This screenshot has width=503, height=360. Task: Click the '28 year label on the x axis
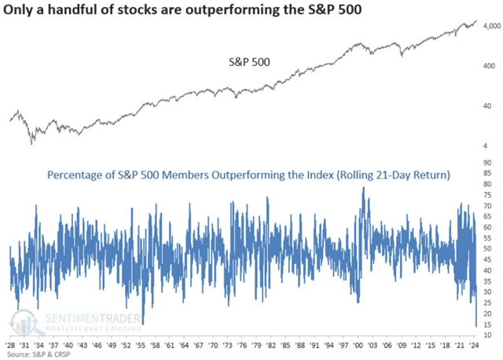click(x=13, y=344)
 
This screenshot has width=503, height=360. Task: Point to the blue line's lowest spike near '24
click(x=476, y=325)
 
